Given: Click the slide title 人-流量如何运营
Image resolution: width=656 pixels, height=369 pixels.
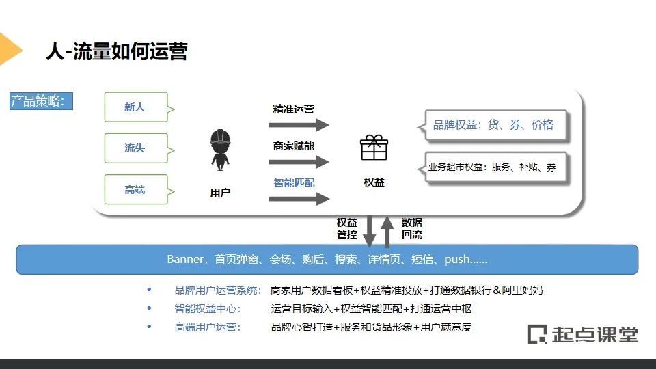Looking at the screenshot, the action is tap(116, 51).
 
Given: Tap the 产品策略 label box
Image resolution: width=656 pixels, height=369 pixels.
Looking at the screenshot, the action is tap(41, 102).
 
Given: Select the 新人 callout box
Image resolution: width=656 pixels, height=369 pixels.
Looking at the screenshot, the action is tap(135, 107).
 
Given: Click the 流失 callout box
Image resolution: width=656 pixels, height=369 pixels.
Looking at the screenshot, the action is tap(135, 148).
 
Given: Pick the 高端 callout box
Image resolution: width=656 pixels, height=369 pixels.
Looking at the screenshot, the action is tap(135, 189).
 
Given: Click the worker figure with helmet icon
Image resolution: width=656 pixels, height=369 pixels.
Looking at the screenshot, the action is tap(220, 150).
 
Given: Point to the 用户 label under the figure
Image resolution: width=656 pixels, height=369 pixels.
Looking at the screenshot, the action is tap(220, 193).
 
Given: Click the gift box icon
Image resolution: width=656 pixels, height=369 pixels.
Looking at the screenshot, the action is tap(374, 147).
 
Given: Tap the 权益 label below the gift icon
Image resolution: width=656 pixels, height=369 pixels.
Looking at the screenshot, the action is tap(374, 182).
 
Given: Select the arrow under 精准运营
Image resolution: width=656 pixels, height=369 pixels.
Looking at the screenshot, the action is tap(299, 125).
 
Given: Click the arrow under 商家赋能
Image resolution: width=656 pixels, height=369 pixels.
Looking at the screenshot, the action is tap(299, 162).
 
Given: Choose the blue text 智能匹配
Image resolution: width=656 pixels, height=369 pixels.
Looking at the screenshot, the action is tap(294, 182).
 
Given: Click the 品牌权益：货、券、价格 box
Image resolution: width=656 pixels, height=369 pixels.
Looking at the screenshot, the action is tap(495, 125).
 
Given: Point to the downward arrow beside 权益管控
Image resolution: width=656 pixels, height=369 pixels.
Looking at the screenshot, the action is tap(369, 231).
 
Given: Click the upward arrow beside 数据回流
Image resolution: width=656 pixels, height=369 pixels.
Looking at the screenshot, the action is tap(387, 231).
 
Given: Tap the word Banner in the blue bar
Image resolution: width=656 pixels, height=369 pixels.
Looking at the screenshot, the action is tap(185, 260).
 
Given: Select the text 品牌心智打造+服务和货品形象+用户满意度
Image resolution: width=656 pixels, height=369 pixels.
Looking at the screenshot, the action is tap(371, 327).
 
